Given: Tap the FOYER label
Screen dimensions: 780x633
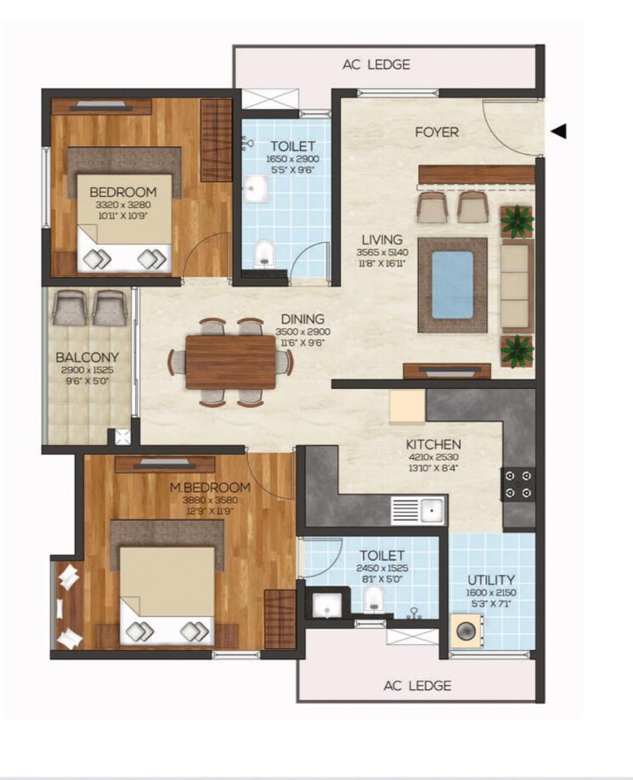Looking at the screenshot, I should [x=436, y=132].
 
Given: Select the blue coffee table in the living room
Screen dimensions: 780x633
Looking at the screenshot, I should [x=453, y=284].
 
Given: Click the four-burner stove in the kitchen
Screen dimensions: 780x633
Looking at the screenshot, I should [x=518, y=483].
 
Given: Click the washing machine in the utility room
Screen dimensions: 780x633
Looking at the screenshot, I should [x=468, y=634].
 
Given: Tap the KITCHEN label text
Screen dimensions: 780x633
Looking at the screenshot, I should [x=433, y=444].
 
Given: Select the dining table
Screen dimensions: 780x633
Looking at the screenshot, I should [x=230, y=361].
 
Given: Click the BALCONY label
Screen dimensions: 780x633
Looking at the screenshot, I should [x=88, y=357].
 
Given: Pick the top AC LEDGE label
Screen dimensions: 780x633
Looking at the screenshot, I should [x=376, y=65].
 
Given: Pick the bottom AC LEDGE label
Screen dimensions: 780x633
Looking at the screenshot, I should [x=417, y=685].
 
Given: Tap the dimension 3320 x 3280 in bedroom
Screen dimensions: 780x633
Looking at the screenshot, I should [x=123, y=205].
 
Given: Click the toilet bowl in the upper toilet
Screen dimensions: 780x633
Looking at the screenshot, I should [x=264, y=252].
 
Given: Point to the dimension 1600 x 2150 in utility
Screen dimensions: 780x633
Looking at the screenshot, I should [x=491, y=592].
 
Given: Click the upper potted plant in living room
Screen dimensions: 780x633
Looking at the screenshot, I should [x=516, y=219].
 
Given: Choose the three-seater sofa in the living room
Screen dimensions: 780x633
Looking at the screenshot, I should [x=517, y=285].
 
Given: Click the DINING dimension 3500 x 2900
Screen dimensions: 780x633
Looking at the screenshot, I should [x=305, y=331].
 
